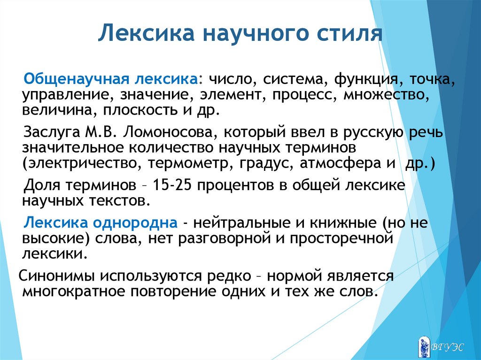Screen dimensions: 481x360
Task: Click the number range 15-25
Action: tap(172, 185)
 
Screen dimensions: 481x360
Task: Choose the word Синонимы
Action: tap(56, 276)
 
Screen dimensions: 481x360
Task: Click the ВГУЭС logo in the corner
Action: tap(441, 347)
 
